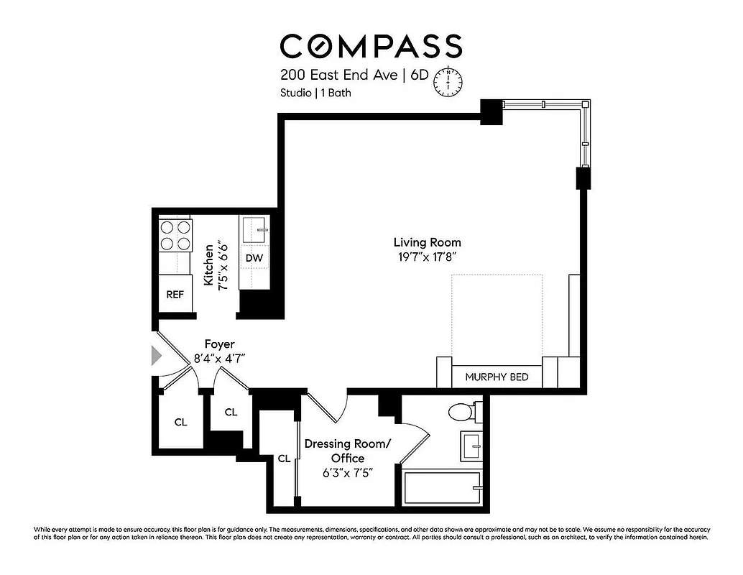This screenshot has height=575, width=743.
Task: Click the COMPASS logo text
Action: [371, 46]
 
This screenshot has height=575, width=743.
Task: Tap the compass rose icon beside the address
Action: [448, 81]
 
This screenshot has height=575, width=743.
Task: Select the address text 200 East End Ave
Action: [338, 75]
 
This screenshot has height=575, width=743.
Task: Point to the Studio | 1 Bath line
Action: [316, 93]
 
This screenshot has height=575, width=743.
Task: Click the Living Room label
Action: [427, 242]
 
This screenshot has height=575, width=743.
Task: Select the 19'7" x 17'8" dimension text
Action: [427, 256]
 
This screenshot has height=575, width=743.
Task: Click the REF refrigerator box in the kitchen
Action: [175, 294]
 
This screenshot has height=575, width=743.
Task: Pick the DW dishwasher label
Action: [253, 257]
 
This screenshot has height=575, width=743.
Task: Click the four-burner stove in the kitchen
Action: [175, 234]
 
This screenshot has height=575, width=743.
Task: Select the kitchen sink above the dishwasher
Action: [254, 231]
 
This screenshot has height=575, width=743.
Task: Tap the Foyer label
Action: [219, 344]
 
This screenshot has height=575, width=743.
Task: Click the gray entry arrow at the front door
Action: [157, 355]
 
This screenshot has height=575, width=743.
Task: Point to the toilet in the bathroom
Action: [461, 413]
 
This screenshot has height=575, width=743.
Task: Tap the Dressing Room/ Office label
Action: [348, 451]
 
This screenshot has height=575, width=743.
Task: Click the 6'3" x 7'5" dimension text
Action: [348, 472]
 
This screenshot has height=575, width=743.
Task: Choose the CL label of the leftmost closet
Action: [180, 422]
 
